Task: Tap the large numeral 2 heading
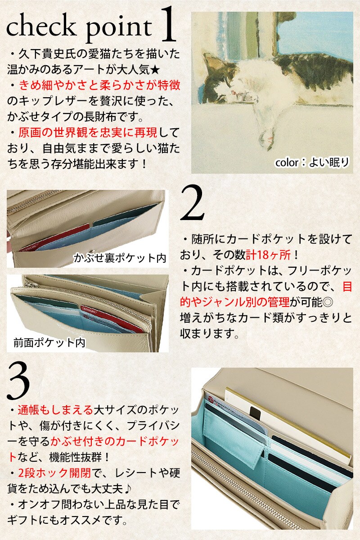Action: (192, 202)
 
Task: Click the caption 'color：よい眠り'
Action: (312, 162)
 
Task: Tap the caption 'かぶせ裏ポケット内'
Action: (120, 258)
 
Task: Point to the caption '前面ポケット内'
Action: (49, 342)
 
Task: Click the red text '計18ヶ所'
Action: (268, 255)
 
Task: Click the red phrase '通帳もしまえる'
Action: (55, 410)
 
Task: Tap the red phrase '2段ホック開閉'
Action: (54, 473)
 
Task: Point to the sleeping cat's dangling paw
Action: (266, 136)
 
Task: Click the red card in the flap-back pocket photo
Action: (55, 237)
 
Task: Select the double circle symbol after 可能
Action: (328, 302)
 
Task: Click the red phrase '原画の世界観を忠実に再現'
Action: (88, 133)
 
